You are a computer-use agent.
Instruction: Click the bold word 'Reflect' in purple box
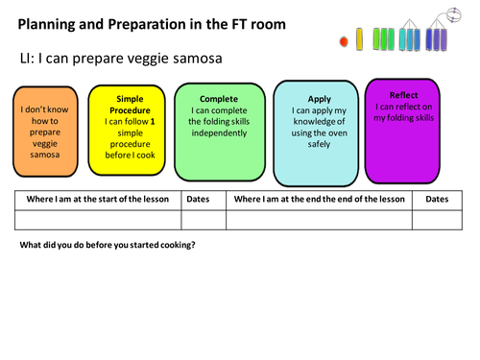[404, 95]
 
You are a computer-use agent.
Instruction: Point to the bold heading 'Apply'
[319, 99]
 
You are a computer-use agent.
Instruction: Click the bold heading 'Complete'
[219, 99]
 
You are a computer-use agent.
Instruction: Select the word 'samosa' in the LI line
[196, 60]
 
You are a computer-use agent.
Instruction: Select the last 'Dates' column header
[436, 200]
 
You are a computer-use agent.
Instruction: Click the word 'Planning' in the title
[52, 22]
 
